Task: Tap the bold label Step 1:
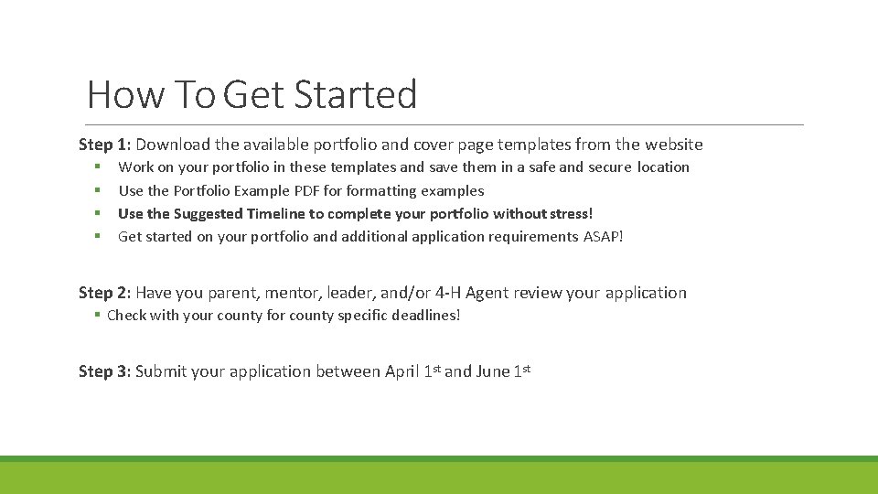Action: [x=105, y=145]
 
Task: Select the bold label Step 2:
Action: [x=105, y=293]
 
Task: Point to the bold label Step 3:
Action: [x=105, y=371]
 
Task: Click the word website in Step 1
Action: [x=674, y=145]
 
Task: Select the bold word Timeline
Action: [x=275, y=214]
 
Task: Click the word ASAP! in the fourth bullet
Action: [x=603, y=237]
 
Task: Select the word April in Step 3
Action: [x=403, y=371]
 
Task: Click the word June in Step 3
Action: [x=493, y=371]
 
